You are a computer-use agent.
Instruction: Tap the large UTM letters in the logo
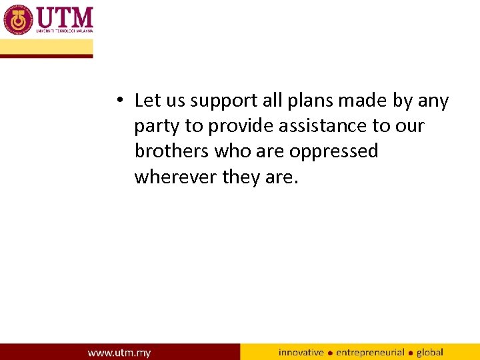pyautogui.click(x=65, y=17)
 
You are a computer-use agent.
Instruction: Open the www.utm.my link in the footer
pyautogui.click(x=119, y=352)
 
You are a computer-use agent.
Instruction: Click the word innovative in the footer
pyautogui.click(x=301, y=352)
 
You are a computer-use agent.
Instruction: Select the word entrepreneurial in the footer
pyautogui.click(x=370, y=352)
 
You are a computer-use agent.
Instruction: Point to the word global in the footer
pyautogui.click(x=430, y=352)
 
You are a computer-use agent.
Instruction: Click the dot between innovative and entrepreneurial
pyautogui.click(x=330, y=353)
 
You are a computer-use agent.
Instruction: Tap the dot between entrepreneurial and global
pyautogui.click(x=411, y=353)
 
